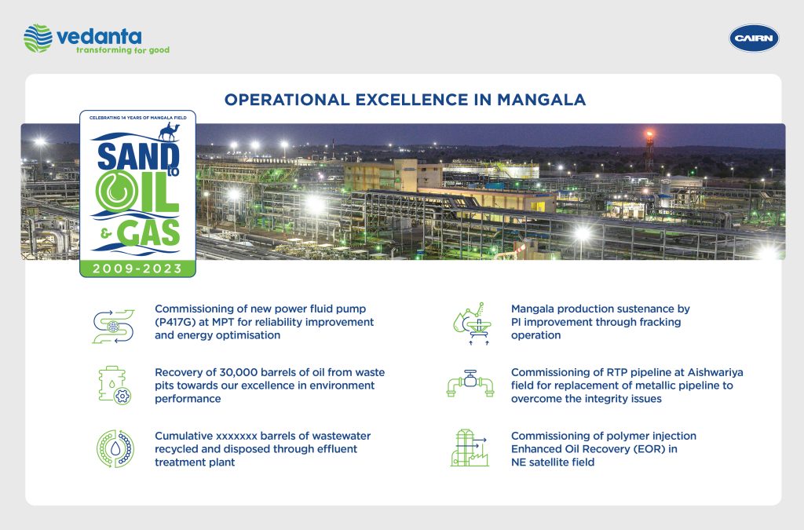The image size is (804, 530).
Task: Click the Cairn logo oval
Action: pyautogui.click(x=754, y=38)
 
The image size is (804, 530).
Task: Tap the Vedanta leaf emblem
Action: pyautogui.click(x=38, y=38)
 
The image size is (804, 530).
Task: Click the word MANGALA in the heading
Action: pyautogui.click(x=542, y=100)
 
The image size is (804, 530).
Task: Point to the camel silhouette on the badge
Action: pyautogui.click(x=169, y=132)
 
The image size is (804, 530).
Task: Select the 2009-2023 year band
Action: pyautogui.click(x=137, y=269)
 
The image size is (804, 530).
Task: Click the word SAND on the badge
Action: pyautogui.click(x=137, y=156)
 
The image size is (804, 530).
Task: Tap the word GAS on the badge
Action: pyautogui.click(x=148, y=233)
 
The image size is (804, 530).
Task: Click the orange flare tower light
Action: pyautogui.click(x=649, y=135)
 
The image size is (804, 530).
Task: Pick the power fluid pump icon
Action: pyautogui.click(x=113, y=326)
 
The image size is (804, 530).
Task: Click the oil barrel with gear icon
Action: pyautogui.click(x=115, y=386)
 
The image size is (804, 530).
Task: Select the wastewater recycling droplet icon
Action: pyautogui.click(x=115, y=448)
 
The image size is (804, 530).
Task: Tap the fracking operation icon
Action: pyautogui.click(x=470, y=323)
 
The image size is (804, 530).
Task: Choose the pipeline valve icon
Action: pyautogui.click(x=470, y=383)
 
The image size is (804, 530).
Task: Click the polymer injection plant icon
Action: pyautogui.click(x=470, y=448)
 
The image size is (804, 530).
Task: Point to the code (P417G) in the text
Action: pyautogui.click(x=176, y=322)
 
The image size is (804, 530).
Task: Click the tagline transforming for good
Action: pyautogui.click(x=122, y=50)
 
